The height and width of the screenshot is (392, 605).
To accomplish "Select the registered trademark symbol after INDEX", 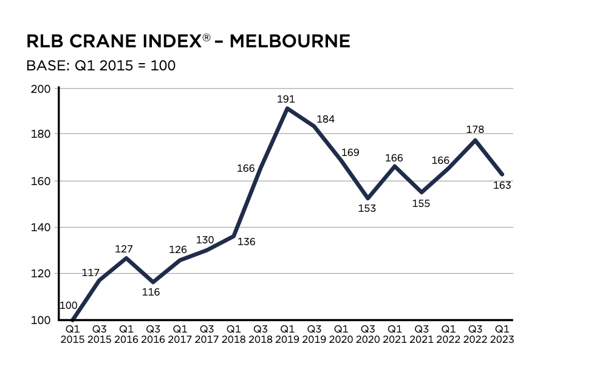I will tap(207, 38).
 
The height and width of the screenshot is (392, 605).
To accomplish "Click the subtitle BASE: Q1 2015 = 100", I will tap(101, 65).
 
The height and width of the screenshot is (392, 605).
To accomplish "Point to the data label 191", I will tap(285, 98).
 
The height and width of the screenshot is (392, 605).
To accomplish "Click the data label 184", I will tap(326, 120).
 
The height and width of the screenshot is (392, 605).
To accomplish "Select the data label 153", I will tap(367, 208).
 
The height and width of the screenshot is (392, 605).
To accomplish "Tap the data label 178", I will tap(475, 129).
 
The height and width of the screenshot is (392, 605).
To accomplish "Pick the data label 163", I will tap(502, 186).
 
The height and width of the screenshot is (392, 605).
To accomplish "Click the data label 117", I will tap(91, 273).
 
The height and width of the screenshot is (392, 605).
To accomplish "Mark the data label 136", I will tap(247, 242).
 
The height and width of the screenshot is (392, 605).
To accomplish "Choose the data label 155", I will tap(421, 204).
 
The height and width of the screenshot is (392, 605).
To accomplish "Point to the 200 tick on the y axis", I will tap(43, 89).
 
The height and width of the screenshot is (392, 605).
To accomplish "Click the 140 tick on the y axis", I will tap(43, 228).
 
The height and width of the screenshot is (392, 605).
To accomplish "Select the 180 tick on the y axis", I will tap(43, 135).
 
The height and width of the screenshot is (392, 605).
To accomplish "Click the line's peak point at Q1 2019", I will tap(287, 109).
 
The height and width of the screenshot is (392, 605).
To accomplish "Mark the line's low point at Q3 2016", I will tap(153, 282).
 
